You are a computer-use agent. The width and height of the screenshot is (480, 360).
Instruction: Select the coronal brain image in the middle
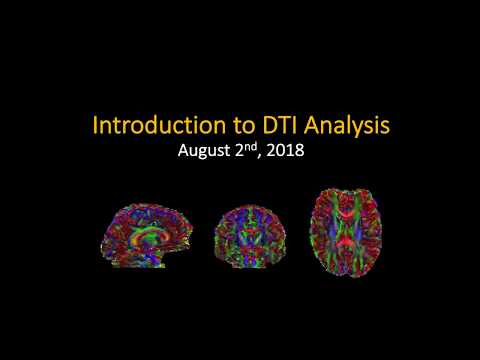coord(245,232)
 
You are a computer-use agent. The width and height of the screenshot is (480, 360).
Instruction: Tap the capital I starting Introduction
coord(95,127)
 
